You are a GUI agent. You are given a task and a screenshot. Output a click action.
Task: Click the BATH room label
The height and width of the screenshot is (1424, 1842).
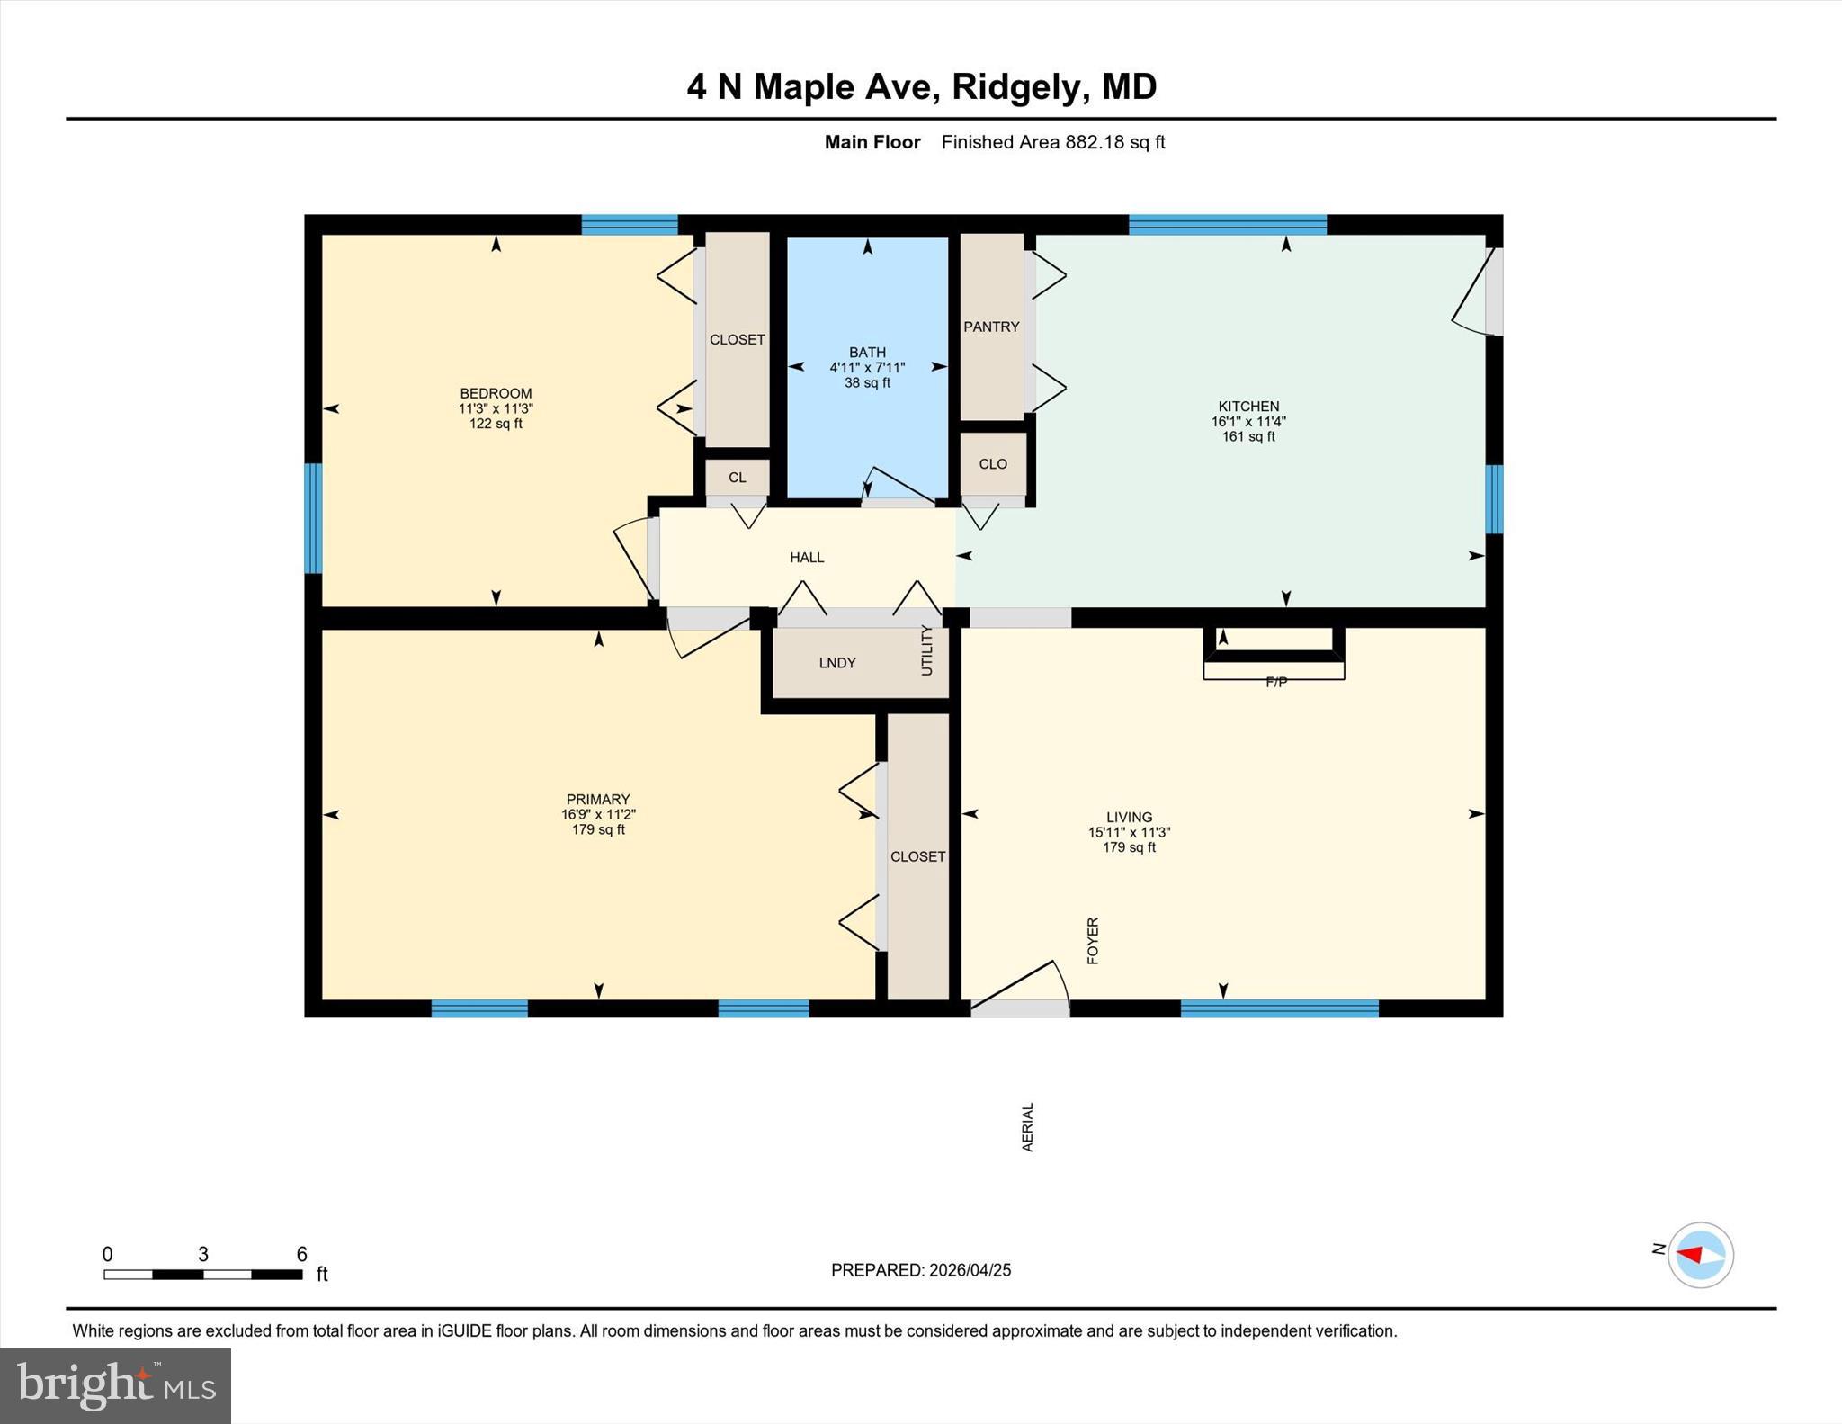[867, 352]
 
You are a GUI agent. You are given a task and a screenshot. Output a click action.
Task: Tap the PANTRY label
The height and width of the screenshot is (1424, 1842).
[991, 327]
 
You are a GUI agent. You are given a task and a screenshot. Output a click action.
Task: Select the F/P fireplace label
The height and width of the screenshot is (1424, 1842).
[1275, 682]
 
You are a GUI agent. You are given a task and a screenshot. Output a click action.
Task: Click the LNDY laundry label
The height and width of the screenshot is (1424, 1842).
[836, 663]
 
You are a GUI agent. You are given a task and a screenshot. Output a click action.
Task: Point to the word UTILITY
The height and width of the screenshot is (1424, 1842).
[927, 650]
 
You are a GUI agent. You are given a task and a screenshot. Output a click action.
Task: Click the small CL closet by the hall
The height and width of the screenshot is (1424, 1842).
[737, 478]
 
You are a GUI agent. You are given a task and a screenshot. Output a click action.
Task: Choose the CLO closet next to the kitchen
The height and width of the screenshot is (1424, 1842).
[992, 464]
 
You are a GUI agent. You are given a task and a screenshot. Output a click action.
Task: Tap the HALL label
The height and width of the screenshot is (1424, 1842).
[807, 558]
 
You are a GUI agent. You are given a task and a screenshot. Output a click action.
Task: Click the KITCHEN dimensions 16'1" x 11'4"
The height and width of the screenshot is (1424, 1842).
[1248, 421]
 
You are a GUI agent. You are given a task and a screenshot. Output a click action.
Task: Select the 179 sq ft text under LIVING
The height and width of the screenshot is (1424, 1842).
[1129, 847]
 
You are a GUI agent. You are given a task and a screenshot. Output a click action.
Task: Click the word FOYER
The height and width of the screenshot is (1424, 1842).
[1093, 941]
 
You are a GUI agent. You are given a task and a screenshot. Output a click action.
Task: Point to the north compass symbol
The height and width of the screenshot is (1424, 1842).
[1700, 1255]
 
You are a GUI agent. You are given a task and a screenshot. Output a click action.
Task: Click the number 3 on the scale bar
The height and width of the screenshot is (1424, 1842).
[203, 1254]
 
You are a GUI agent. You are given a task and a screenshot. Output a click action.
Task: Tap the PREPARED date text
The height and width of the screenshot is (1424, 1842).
[920, 1270]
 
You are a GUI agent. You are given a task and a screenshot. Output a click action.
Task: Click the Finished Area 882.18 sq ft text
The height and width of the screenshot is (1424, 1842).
[1052, 142]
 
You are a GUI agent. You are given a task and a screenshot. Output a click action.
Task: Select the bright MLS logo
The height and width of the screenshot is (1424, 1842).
[115, 1385]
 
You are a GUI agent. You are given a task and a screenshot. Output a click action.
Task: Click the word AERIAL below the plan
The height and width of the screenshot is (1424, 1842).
[1027, 1127]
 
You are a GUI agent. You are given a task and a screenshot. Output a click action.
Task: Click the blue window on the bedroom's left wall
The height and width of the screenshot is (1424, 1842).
[313, 518]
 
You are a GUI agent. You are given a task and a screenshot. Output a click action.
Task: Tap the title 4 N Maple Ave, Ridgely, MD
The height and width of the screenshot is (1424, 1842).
[921, 86]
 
